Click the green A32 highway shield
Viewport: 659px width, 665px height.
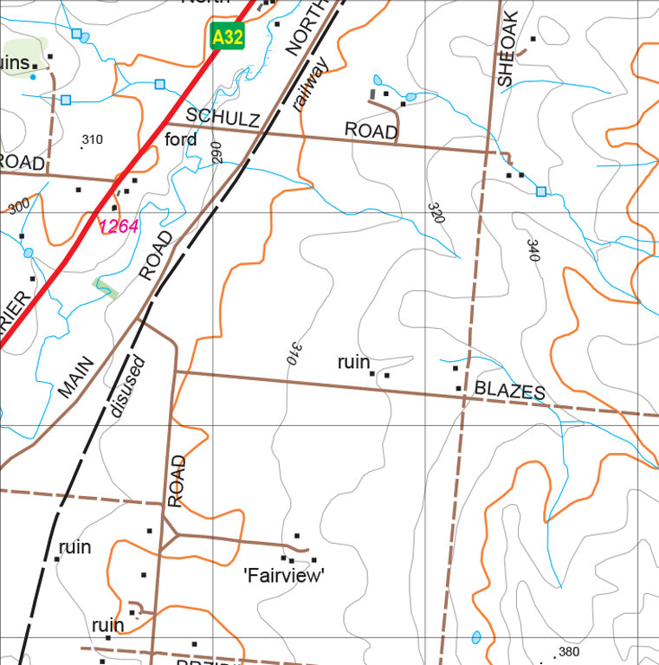point(227,36)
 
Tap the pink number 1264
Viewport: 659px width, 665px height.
point(119,226)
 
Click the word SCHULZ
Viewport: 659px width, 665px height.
point(223,117)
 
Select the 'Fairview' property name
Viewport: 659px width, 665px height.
point(284,574)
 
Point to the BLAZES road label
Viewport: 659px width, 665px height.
point(510,391)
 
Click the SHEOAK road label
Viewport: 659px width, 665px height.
point(507,48)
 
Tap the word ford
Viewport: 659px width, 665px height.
point(180,139)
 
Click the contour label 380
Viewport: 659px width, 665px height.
point(569,652)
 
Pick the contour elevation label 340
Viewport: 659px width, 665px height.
point(533,249)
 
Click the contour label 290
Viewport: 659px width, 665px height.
point(216,152)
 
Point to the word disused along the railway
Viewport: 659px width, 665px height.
point(128,386)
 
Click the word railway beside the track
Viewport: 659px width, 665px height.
point(309,84)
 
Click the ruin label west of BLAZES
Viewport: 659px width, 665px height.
point(353,362)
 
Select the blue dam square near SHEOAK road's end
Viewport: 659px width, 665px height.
point(541,190)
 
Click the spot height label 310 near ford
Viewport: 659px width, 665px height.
point(91,139)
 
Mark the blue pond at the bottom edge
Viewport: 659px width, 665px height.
point(475,638)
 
